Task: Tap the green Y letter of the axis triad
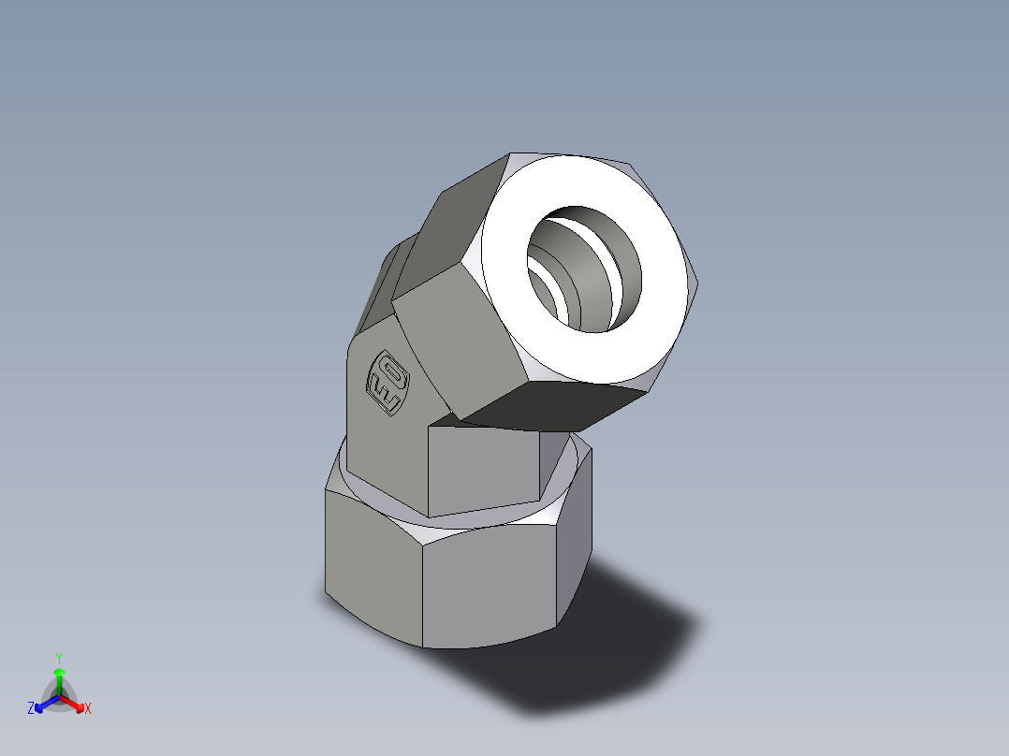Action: point(59,657)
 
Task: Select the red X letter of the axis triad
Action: point(88,709)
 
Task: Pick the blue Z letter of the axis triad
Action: point(31,709)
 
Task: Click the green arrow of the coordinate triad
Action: point(59,677)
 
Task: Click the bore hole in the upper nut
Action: point(585,269)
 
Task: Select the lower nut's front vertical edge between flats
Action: point(422,589)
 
